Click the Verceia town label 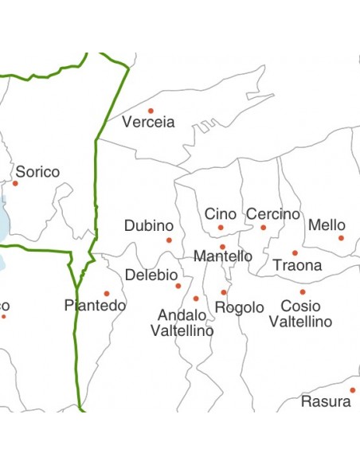[x=148, y=123]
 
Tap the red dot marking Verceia [x=151, y=111]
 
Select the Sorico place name [x=37, y=172]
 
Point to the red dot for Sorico [x=15, y=183]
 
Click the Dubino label [x=148, y=226]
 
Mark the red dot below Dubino [x=169, y=240]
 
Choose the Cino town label [x=221, y=214]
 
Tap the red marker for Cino [x=221, y=228]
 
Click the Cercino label [x=273, y=214]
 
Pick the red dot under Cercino [x=264, y=228]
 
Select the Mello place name [x=327, y=225]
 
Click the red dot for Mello [x=341, y=237]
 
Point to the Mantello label [x=223, y=256]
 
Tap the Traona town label [x=297, y=265]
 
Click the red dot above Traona [x=295, y=253]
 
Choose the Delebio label [x=151, y=275]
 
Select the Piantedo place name [x=96, y=306]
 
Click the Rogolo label [x=240, y=307]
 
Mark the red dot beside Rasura [x=352, y=390]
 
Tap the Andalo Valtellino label [x=182, y=322]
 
